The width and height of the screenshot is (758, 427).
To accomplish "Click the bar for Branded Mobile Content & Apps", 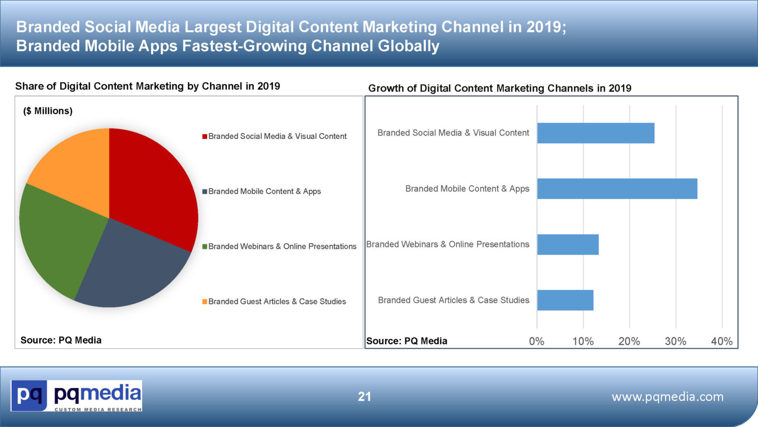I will coord(617,189).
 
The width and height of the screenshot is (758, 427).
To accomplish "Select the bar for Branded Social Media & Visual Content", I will coord(595,133).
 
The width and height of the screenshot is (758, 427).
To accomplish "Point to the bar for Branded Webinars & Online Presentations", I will coord(567,244).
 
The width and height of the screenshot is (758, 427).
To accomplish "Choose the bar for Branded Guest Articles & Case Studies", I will coord(565,300).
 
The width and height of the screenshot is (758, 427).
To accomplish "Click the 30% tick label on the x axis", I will coord(675,341).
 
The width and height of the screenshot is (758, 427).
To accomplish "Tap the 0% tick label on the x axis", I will coord(536,341).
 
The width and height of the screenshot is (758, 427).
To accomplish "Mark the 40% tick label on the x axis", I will coord(722,341).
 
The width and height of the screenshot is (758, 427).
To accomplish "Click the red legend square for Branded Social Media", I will coord(205,137).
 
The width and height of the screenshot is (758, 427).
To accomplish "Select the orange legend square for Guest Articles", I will coord(205,302).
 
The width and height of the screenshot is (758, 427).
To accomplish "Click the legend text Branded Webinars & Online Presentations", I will coord(282,246).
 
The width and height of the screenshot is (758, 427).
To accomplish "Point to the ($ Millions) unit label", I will coord(48,111).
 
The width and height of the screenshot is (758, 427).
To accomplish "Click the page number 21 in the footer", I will coord(364,397).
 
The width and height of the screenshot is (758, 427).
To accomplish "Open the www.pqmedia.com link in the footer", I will coord(667,397).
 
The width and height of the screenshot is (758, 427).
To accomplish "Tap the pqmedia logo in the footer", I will coord(76,396).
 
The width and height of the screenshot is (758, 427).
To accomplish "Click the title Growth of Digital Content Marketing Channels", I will coord(499,88).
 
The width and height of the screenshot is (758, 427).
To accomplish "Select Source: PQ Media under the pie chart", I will coord(61,340).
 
